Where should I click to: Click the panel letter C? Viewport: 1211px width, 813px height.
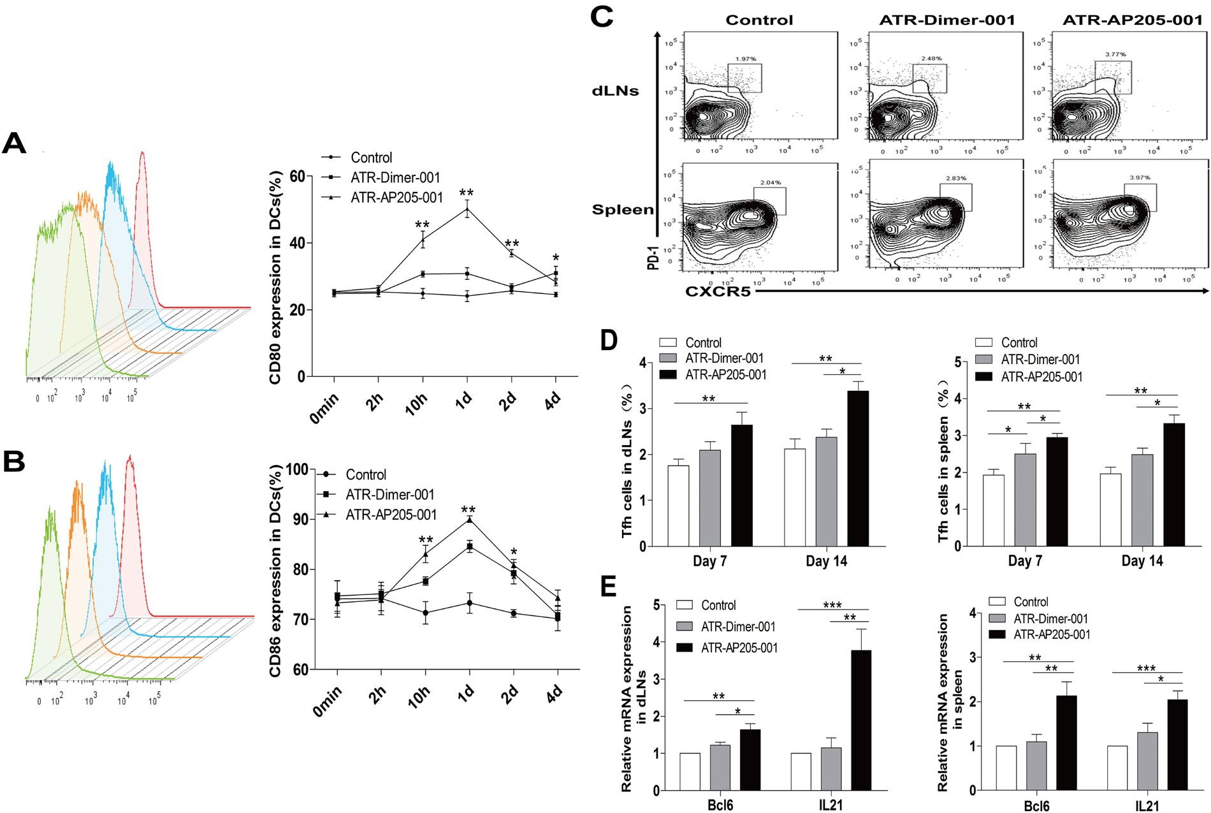(x=602, y=16)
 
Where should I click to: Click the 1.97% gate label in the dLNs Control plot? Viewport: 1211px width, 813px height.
(x=745, y=59)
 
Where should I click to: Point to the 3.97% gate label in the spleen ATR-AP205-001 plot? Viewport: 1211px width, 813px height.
(x=1140, y=177)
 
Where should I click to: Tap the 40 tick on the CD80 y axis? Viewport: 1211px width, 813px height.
(x=296, y=243)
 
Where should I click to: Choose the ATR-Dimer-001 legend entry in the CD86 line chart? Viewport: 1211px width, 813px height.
(x=389, y=495)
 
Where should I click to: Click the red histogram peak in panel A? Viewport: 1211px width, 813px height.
(x=142, y=154)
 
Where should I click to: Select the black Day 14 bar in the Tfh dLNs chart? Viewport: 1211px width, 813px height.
(x=858, y=469)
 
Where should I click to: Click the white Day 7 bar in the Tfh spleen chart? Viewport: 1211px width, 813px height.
(x=993, y=510)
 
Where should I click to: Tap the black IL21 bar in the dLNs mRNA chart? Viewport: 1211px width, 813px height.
(x=861, y=721)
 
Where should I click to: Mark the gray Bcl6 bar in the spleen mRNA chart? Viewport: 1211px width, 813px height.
(x=1036, y=765)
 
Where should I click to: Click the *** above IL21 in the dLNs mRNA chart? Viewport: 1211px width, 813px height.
(x=832, y=604)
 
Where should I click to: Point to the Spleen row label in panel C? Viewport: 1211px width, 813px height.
(x=623, y=210)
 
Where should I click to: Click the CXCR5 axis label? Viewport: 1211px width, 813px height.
(x=718, y=292)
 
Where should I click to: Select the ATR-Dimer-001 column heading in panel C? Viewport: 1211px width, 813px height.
(x=947, y=20)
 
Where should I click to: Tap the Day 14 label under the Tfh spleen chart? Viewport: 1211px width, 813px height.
(x=1142, y=561)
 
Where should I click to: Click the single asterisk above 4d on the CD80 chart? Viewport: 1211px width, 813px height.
(x=556, y=258)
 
